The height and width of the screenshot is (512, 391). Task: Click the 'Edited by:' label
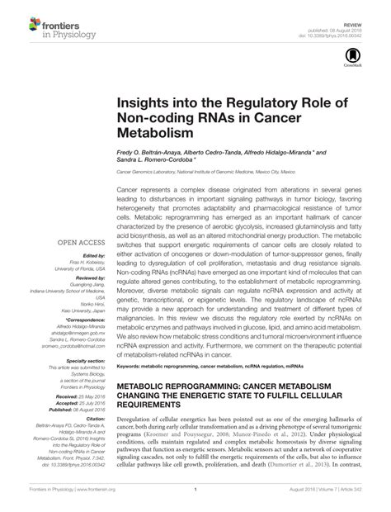(87, 257)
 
